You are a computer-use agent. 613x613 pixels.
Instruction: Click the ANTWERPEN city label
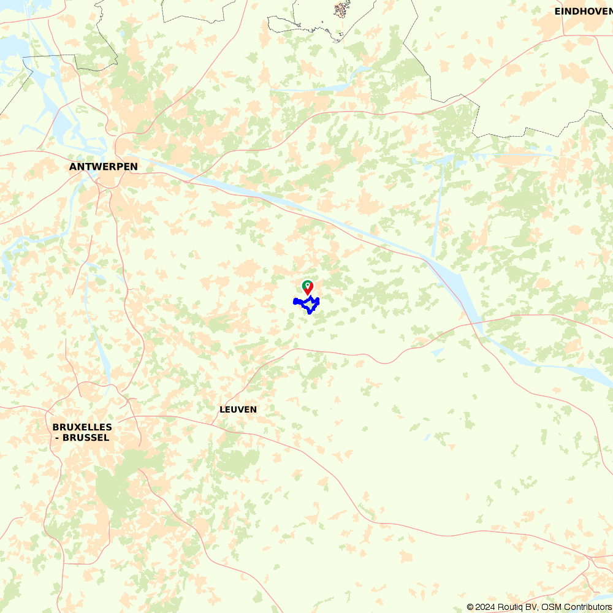[x=103, y=167]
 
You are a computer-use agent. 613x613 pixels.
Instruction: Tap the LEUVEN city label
[x=238, y=409]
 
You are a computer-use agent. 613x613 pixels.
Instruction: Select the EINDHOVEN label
[x=582, y=11]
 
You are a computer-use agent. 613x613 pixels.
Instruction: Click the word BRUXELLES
[x=82, y=427]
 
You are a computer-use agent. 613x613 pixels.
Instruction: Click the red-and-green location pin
[x=307, y=287]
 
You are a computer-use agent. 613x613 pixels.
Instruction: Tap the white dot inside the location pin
[x=307, y=285]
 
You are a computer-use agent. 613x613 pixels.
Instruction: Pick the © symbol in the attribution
[x=470, y=607]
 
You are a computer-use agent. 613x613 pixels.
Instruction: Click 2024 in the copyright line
[x=485, y=607]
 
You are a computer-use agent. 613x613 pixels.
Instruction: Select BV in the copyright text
[x=534, y=607]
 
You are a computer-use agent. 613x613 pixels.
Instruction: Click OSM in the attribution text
[x=551, y=607]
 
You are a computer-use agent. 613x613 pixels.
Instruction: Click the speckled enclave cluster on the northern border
[x=341, y=9]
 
